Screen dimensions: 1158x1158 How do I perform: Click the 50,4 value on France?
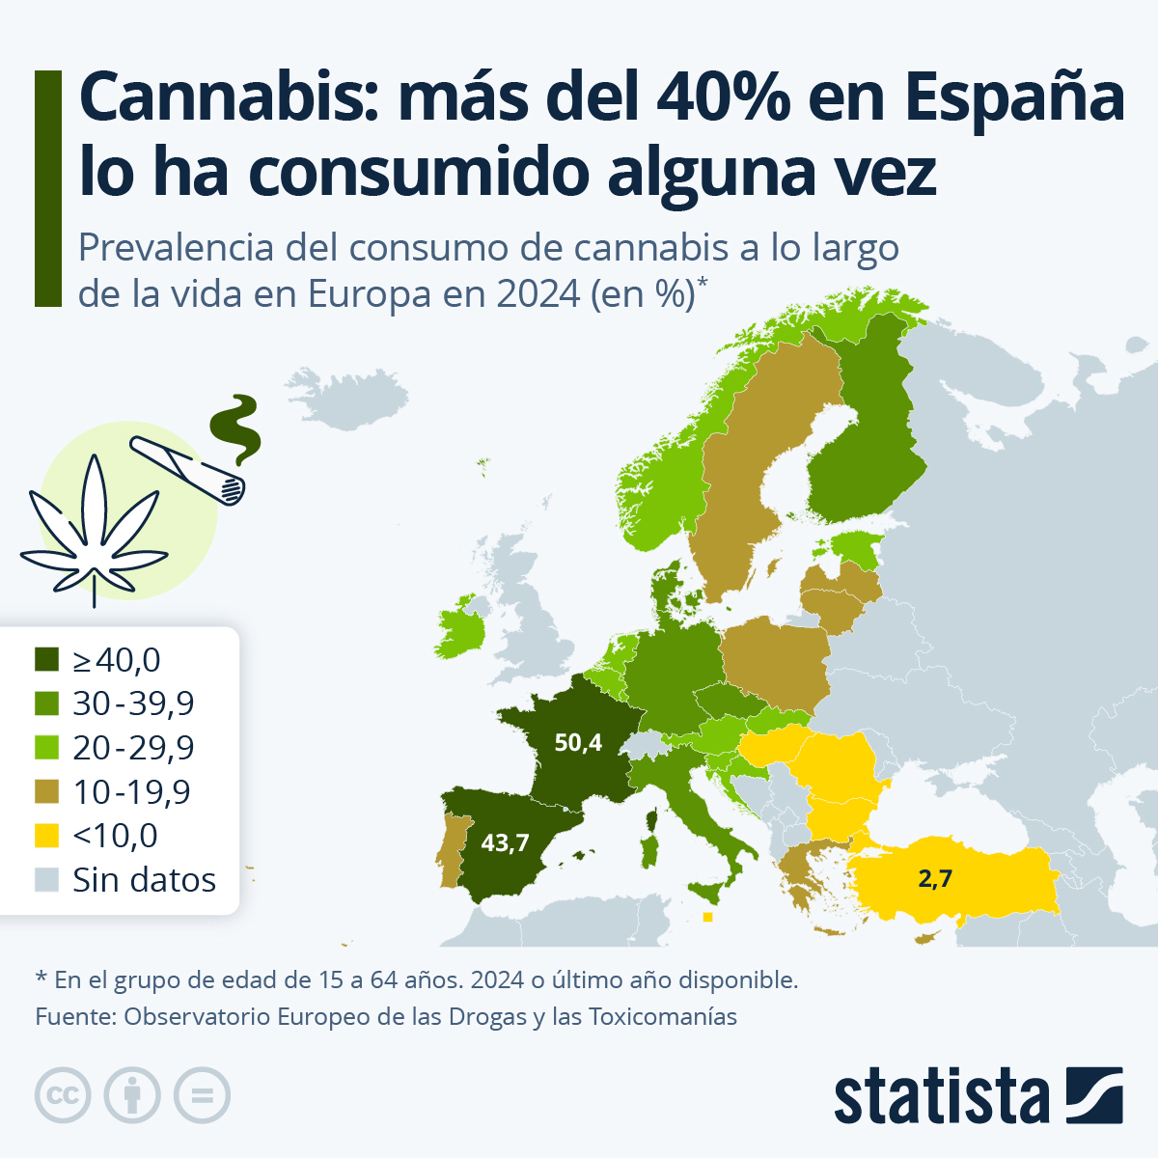pos(578,742)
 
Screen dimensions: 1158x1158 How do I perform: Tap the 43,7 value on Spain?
pos(505,842)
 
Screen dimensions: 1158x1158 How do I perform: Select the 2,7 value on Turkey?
pos(934,878)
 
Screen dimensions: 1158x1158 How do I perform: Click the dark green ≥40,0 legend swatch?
pos(47,660)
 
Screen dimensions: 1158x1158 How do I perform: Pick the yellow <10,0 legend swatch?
pos(47,836)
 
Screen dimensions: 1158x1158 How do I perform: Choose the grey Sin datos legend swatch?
pos(47,880)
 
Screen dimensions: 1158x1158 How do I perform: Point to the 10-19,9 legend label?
pos(131,792)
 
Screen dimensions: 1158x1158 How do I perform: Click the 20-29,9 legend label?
pos(133,748)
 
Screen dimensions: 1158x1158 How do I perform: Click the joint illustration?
pos(189,471)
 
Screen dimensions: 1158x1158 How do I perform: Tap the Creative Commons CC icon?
pos(63,1096)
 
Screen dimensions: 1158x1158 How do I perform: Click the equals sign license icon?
pos(203,1096)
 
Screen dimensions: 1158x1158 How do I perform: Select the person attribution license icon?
pos(132,1096)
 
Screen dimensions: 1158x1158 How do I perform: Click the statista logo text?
pos(941,1097)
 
